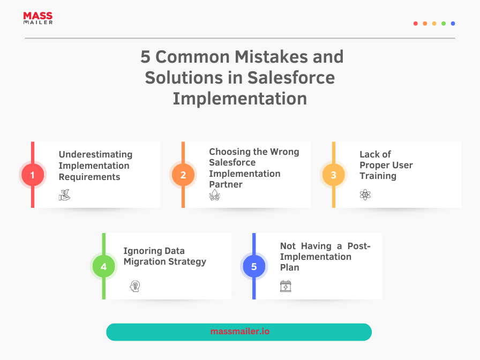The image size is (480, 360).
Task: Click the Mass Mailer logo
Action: (x=38, y=18)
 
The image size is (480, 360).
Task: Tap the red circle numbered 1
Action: (x=33, y=175)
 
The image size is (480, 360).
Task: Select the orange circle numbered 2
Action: (x=183, y=175)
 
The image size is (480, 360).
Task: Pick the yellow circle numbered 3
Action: (x=333, y=175)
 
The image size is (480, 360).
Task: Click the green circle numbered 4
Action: (x=104, y=266)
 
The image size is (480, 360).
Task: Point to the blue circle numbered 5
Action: (x=254, y=266)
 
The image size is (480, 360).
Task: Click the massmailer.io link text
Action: (x=239, y=331)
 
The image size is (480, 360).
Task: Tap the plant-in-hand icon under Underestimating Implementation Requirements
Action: (x=64, y=194)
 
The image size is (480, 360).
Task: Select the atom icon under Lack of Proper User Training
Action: (x=365, y=194)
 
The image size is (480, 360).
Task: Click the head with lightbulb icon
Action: (x=134, y=286)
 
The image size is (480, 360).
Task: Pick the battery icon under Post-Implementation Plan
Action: (x=286, y=286)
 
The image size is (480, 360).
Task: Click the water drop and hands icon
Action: (x=215, y=194)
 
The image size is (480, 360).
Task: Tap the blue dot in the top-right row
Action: (x=453, y=24)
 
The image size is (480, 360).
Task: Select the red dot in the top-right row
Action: (x=415, y=24)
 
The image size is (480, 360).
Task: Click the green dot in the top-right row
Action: (x=444, y=24)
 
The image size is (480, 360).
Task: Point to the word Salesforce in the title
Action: (x=291, y=78)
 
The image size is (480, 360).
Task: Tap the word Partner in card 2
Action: (x=226, y=184)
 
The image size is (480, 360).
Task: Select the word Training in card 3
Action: (x=378, y=176)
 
